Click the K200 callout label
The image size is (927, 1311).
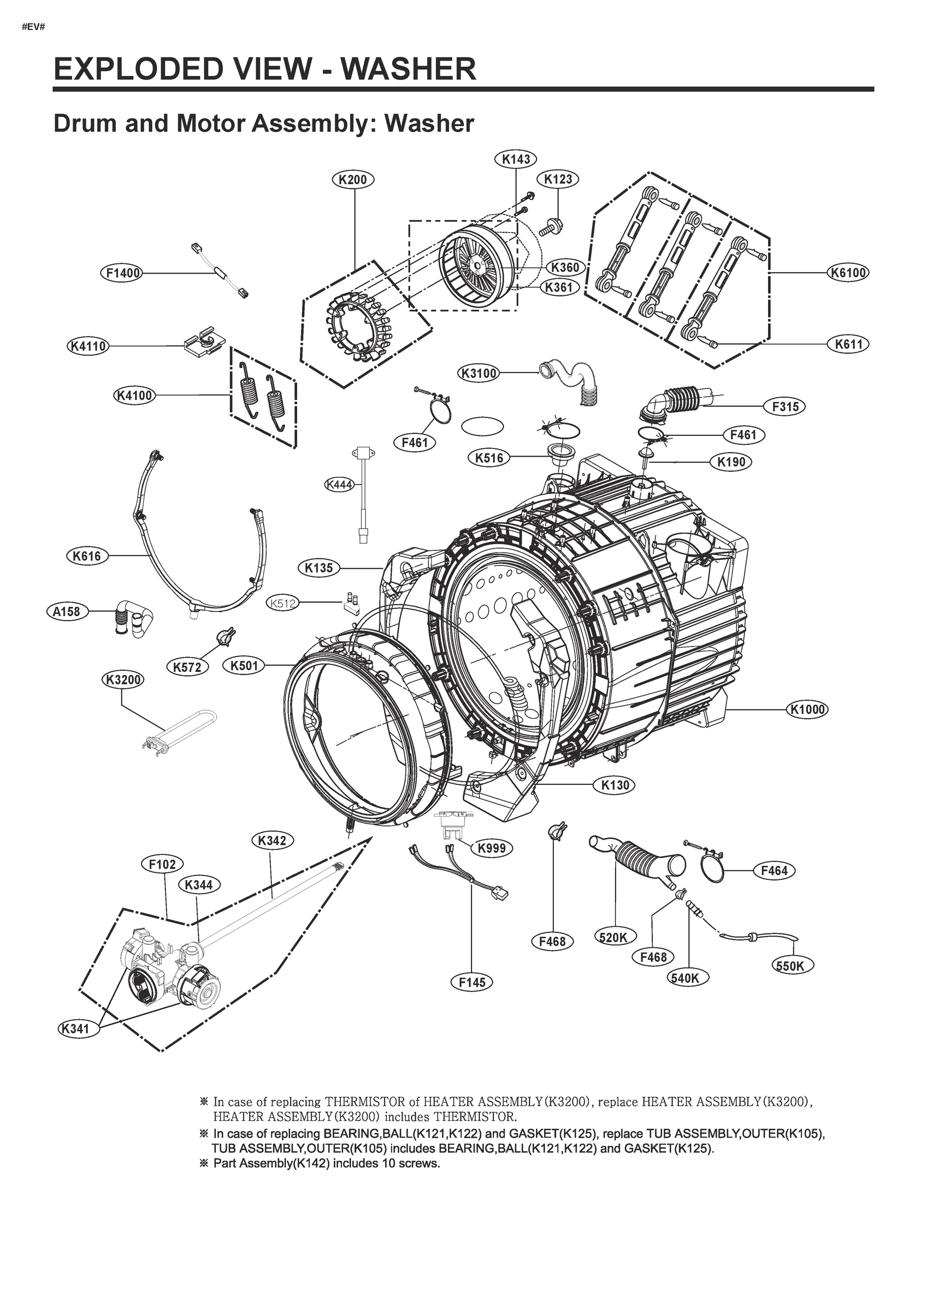coord(352,180)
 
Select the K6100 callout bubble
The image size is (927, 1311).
coord(848,273)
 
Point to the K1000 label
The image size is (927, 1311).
coord(807,710)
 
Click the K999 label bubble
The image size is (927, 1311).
coord(491,848)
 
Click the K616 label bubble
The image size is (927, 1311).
coord(87,556)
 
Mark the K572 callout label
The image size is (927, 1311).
coord(187,666)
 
